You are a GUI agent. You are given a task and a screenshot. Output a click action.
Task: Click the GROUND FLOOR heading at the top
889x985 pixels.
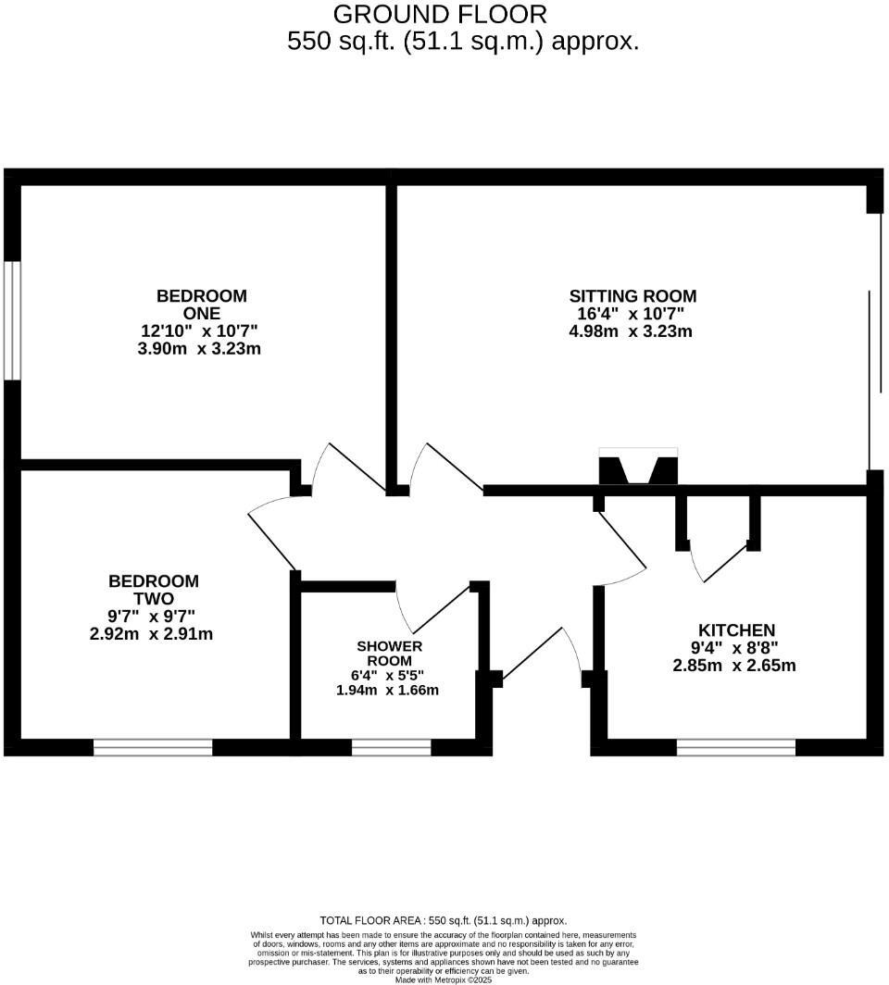[x=440, y=15]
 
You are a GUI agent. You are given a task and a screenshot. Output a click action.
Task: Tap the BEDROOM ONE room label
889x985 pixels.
[x=202, y=305]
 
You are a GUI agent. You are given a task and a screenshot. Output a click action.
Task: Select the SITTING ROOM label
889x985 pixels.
[x=632, y=296]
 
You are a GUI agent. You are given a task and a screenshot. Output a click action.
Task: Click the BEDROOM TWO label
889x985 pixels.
[x=154, y=590]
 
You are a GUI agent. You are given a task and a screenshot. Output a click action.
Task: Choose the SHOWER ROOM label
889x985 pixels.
[x=390, y=653]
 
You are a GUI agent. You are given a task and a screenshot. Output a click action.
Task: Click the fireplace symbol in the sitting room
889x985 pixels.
[x=639, y=468]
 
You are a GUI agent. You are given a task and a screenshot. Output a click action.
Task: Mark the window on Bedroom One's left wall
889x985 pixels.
[x=11, y=319]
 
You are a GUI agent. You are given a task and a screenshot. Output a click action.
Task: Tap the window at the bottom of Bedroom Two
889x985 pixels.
[x=153, y=748]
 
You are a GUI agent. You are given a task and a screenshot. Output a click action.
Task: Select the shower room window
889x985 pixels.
[x=391, y=748]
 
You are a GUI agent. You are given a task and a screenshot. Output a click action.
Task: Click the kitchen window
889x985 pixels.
[x=736, y=748]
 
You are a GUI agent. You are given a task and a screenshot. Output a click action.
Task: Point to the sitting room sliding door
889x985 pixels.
[x=870, y=343]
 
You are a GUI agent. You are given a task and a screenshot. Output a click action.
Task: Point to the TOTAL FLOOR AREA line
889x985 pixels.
[x=444, y=920]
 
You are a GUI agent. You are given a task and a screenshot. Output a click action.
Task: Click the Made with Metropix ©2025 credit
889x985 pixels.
[x=444, y=979]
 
